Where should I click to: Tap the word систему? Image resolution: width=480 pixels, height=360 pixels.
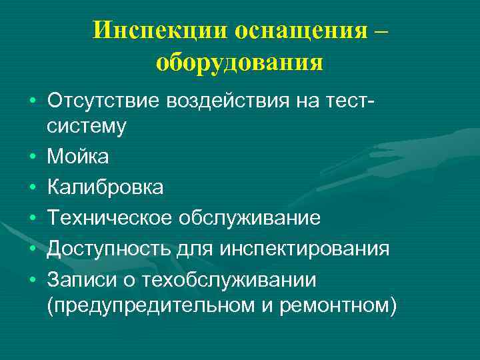coord(87,126)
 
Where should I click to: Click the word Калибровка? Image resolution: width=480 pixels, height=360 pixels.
coord(105,187)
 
